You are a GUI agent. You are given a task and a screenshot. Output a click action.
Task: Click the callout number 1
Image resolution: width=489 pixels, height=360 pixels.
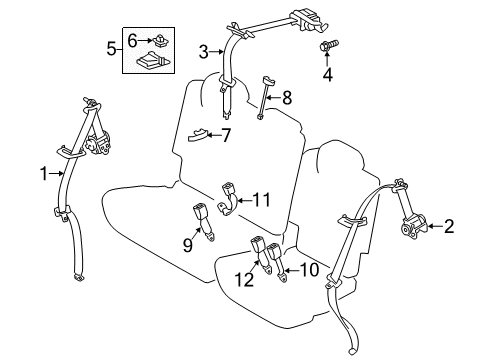pos(43,174)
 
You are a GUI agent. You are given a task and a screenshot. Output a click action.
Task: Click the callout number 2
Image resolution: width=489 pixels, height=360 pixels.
pos(449,227)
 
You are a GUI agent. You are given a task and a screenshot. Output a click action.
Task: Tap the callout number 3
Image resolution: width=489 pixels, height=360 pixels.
pos(203,52)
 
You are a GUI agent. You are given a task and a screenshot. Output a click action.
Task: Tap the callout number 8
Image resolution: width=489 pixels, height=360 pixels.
pos(287,97)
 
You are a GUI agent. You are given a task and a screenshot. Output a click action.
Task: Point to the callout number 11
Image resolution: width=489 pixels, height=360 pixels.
pos(261,198)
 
